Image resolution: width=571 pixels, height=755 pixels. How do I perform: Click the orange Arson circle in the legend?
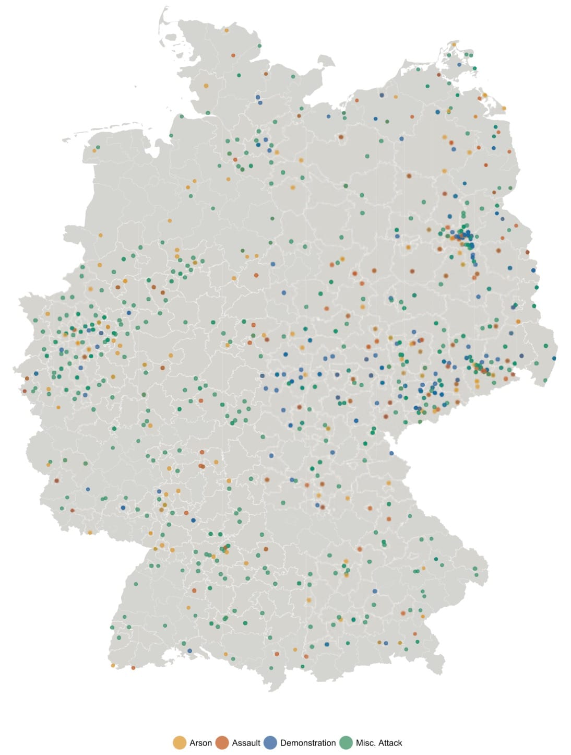point(180,742)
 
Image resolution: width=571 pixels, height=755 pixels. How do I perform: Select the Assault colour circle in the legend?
point(222,742)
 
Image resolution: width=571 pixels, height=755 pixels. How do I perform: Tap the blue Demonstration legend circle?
point(270,742)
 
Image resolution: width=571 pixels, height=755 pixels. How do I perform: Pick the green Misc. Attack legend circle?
point(346,742)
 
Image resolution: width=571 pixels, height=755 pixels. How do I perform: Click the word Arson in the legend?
point(200,742)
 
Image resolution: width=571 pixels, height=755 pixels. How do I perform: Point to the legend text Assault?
point(246,742)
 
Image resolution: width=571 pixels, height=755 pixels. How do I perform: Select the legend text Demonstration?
point(308,742)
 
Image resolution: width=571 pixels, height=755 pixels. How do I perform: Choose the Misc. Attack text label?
point(379,742)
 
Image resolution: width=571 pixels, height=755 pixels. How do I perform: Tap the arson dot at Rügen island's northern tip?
point(454,45)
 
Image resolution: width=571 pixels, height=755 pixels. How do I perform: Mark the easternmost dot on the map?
point(554,358)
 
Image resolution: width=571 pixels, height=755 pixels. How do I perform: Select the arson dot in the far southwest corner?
point(113,665)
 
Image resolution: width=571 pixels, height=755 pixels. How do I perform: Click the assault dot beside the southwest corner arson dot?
point(133,667)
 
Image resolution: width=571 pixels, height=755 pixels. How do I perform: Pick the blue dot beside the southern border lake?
point(189,651)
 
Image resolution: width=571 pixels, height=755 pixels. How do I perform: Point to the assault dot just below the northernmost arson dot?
point(233,55)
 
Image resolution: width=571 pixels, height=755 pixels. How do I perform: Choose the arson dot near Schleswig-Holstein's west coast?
point(206,86)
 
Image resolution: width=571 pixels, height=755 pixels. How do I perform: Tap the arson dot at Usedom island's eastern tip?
point(504,108)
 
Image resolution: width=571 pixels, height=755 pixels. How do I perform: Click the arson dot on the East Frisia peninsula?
point(94,150)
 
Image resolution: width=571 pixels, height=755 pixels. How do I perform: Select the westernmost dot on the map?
point(25,391)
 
